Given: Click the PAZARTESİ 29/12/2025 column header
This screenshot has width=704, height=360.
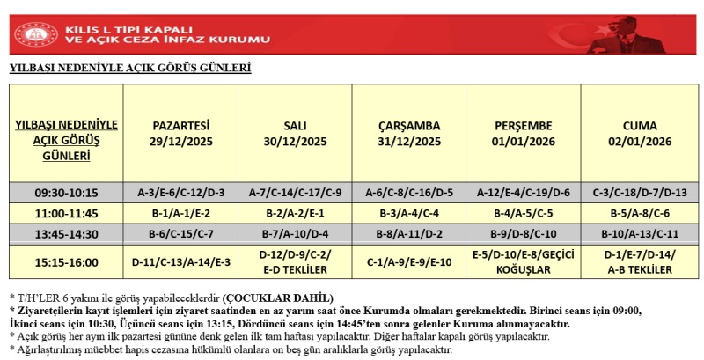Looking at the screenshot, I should point(181,133).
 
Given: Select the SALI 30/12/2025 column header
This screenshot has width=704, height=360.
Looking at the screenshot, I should point(295,133).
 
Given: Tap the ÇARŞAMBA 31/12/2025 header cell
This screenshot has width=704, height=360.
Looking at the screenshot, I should point(409,133).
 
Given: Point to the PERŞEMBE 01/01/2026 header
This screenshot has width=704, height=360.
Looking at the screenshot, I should point(524,133).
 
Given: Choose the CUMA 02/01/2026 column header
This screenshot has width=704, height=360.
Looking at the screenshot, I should point(639,133).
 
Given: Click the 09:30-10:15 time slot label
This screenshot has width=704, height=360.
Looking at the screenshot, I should point(68,193).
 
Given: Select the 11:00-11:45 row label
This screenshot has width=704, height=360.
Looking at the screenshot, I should point(68,213).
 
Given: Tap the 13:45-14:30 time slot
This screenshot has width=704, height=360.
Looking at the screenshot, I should point(68,234).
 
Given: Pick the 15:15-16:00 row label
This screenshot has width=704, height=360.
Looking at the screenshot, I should point(68,261).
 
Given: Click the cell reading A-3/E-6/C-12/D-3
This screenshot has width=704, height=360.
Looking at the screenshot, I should point(181,193).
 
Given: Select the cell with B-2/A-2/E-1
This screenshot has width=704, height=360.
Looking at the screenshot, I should point(295,213).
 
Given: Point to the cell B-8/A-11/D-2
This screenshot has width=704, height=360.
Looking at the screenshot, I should point(409,234).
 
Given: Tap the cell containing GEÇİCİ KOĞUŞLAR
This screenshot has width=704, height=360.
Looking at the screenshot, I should point(524,261).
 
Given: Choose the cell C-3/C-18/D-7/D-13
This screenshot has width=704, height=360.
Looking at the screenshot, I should point(639,193).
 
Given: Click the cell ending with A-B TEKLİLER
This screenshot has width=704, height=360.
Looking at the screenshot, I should point(639,261).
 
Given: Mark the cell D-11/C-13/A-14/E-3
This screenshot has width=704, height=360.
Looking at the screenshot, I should point(181,261).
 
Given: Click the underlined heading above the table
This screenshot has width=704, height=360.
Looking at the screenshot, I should point(130,67).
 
